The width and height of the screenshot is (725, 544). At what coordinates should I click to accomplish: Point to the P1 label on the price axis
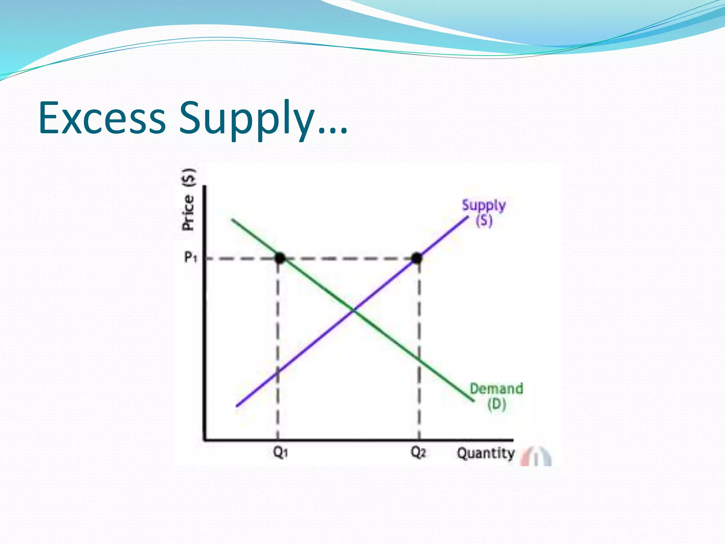190,257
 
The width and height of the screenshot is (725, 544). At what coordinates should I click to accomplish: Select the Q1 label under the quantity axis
280,452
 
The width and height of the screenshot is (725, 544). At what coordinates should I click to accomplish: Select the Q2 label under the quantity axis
418,452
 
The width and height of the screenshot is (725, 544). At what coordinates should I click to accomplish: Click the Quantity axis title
485,453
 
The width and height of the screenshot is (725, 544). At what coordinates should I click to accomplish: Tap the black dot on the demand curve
280,258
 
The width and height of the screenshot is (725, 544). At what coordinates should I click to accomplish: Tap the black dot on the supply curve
417,258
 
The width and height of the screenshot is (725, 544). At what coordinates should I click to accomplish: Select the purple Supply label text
484,205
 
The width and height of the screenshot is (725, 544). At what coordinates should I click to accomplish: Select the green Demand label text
496,389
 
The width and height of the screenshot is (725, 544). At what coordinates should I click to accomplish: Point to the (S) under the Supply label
484,221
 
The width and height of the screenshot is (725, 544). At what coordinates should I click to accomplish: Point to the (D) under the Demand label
496,404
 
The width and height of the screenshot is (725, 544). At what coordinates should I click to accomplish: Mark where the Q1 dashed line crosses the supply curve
278,371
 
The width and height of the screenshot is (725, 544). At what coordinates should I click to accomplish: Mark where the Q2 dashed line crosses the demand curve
419,360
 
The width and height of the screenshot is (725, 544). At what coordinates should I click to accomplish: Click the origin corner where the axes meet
205,440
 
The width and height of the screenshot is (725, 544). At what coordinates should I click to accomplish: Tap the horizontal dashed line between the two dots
349,259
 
